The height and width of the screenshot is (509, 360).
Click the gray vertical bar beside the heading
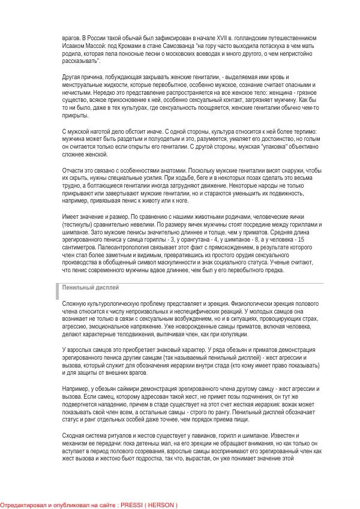(58, 290)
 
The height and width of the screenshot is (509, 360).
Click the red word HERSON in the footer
(161, 505)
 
